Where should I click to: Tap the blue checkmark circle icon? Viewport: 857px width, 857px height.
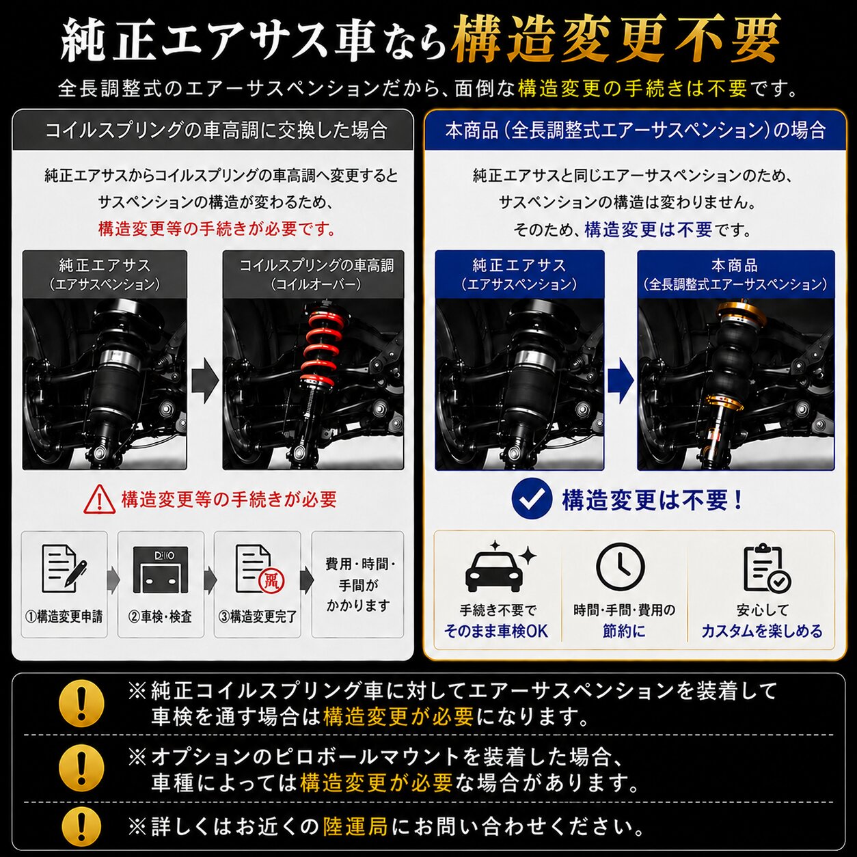pyautogui.click(x=532, y=500)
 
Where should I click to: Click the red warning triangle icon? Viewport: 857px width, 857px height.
pyautogui.click(x=100, y=499)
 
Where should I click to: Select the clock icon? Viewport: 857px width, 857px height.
pyautogui.click(x=621, y=566)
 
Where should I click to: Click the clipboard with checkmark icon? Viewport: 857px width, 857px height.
pyautogui.click(x=767, y=568)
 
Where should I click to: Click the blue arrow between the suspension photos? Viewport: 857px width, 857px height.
pyautogui.click(x=621, y=381)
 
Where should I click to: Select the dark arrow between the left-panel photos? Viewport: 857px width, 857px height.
pyautogui.click(x=205, y=381)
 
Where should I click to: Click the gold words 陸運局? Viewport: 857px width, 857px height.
pyautogui.click(x=355, y=826)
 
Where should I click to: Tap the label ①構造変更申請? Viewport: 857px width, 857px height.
pyautogui.click(x=64, y=616)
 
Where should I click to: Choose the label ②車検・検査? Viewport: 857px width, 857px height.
pyautogui.click(x=160, y=616)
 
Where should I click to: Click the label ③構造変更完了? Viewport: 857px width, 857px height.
pyautogui.click(x=258, y=616)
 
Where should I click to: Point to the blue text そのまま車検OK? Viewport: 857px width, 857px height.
pyautogui.click(x=496, y=631)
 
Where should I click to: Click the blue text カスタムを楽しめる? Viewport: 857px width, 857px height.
pyautogui.click(x=762, y=631)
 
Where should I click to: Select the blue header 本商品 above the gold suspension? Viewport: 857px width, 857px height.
pyautogui.click(x=735, y=265)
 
